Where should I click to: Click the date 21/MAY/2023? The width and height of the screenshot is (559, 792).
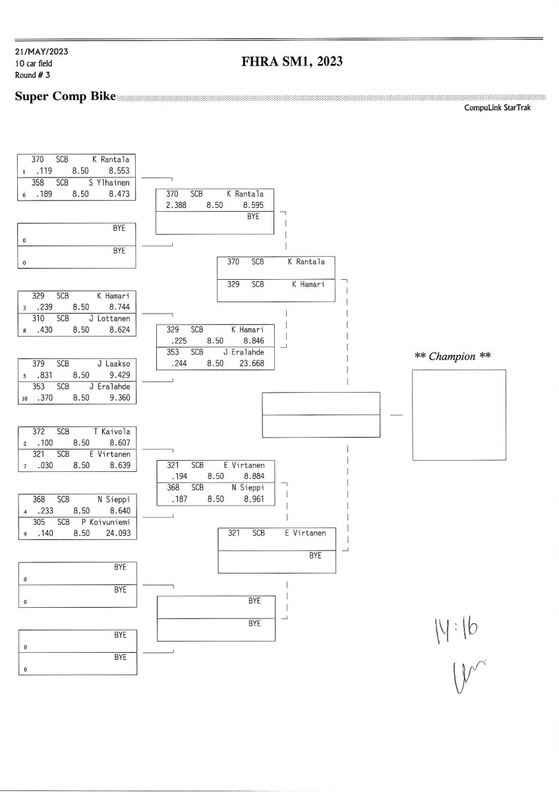(x=41, y=51)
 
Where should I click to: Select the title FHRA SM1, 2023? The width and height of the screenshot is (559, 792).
(x=293, y=62)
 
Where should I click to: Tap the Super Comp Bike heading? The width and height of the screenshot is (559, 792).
(x=65, y=97)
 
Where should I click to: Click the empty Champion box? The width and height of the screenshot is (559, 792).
(x=459, y=414)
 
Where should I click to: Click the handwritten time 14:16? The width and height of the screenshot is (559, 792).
(x=454, y=633)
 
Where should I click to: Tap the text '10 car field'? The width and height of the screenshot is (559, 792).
(x=33, y=63)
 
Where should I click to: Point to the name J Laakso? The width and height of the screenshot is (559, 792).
(x=113, y=364)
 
